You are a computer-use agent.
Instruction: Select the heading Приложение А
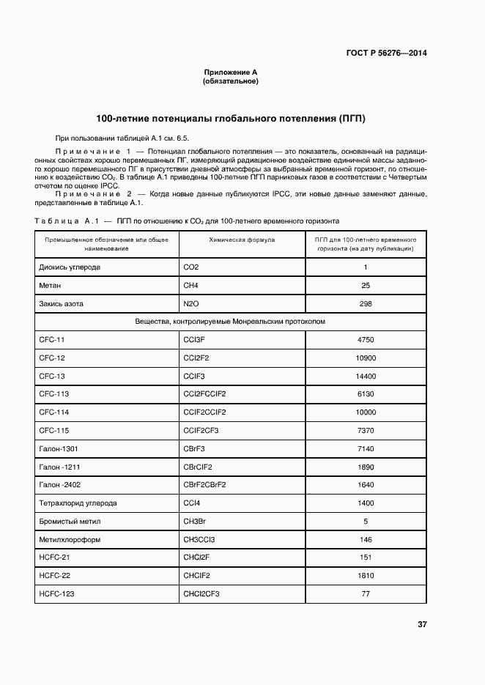click(230, 73)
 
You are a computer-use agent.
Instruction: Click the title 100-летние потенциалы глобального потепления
click(231, 118)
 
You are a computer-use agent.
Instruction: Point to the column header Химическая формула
click(242, 240)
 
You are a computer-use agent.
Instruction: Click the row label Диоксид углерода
click(70, 267)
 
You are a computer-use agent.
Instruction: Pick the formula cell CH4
click(190, 286)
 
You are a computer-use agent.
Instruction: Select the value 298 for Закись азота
click(365, 304)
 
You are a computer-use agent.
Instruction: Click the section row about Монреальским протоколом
click(230, 322)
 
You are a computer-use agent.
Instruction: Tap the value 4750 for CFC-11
click(365, 340)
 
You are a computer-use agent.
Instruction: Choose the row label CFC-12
click(52, 358)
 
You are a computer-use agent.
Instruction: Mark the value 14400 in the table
click(365, 377)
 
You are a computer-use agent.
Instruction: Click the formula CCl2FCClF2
click(204, 394)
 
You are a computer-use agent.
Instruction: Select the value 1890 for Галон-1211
click(365, 467)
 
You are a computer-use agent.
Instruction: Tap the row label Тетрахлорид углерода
click(78, 503)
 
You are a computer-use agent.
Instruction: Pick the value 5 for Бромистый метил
click(365, 522)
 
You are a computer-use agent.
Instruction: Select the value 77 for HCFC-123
click(365, 593)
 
